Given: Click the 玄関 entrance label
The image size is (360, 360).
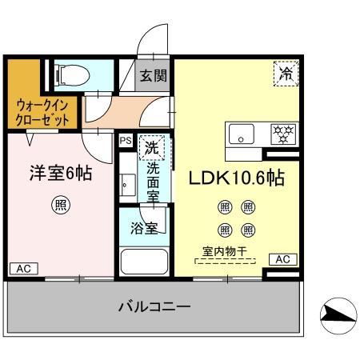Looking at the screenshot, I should point(154,77).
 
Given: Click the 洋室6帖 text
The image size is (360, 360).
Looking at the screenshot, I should point(60,174).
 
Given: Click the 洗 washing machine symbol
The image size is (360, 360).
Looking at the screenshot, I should point(149,148).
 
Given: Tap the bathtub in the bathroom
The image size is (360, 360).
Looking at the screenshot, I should point(143,262).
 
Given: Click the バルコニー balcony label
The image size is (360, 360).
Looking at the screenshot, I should point(154,306).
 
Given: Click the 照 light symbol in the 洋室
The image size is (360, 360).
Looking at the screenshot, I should point(60,204).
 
